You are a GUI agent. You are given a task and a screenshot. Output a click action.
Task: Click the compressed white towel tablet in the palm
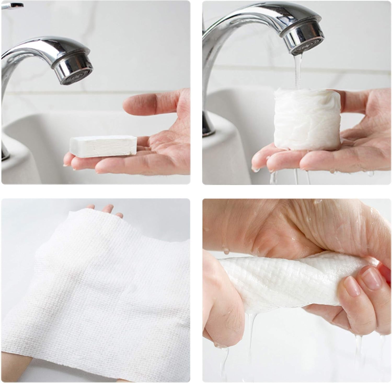click(x=103, y=146)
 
